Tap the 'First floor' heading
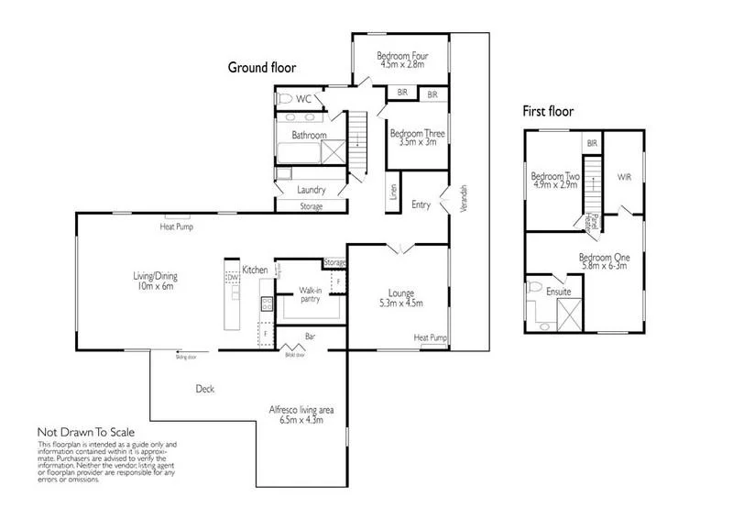point(548,112)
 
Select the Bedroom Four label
point(401,61)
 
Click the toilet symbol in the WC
point(285,98)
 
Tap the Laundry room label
point(312,190)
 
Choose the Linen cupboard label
point(393,193)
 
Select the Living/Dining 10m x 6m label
point(149,280)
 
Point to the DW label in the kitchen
point(234,276)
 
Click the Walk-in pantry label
point(311,294)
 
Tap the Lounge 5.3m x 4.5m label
point(399,298)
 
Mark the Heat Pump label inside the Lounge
point(430,337)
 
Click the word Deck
point(205,389)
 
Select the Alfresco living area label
point(301,414)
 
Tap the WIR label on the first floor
point(625,177)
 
